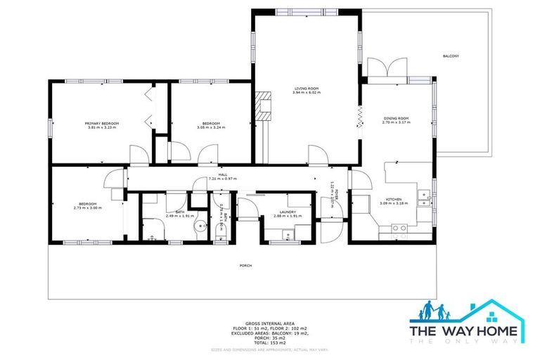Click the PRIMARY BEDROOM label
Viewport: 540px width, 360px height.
coord(102,123)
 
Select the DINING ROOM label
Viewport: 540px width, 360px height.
coord(395,118)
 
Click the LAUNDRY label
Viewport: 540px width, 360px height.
coord(287,212)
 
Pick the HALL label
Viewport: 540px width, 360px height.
coord(222,174)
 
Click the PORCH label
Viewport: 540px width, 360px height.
coord(245,265)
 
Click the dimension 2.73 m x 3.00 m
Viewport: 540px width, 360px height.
coord(88,208)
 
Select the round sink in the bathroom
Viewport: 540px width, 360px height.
coord(200,227)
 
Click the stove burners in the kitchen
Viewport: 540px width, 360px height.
coord(399,227)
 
